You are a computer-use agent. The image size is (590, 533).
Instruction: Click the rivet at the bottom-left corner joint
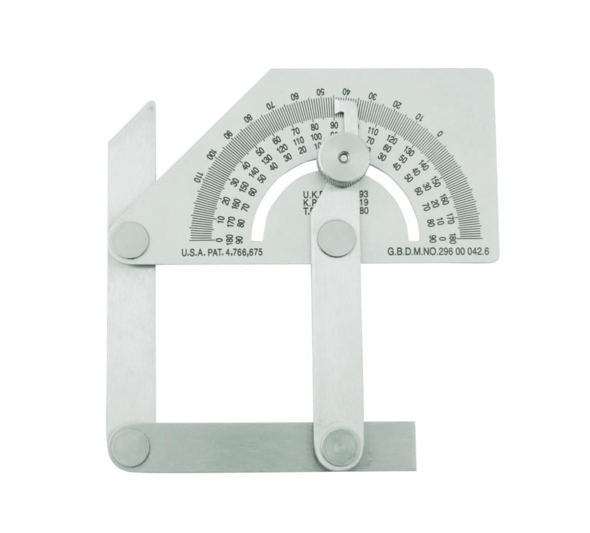click(x=130, y=441)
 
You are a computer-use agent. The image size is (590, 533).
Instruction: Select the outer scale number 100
click(x=212, y=153)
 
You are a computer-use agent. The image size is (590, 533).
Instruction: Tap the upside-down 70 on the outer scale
click(x=270, y=105)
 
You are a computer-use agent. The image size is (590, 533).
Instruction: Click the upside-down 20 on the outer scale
click(x=398, y=104)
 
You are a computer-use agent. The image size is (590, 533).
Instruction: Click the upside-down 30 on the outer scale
click(x=373, y=95)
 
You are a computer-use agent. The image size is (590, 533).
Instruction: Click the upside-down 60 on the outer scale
click(x=295, y=95)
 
